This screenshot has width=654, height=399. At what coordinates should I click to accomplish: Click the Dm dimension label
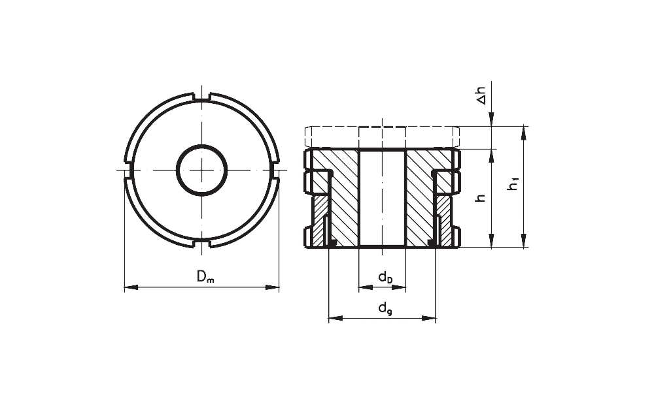(205, 276)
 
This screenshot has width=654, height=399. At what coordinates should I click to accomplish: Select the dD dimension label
(385, 277)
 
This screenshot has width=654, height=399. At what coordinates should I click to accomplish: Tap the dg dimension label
(385, 309)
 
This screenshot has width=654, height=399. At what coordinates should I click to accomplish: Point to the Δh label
(481, 96)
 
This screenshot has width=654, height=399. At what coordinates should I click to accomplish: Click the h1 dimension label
(513, 184)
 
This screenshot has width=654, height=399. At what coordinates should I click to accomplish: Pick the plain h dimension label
(481, 198)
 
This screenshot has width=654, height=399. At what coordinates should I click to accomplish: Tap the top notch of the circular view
(202, 97)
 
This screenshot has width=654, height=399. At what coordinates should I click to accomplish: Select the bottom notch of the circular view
(202, 243)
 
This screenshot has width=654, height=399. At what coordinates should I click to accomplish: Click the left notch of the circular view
(128, 170)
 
